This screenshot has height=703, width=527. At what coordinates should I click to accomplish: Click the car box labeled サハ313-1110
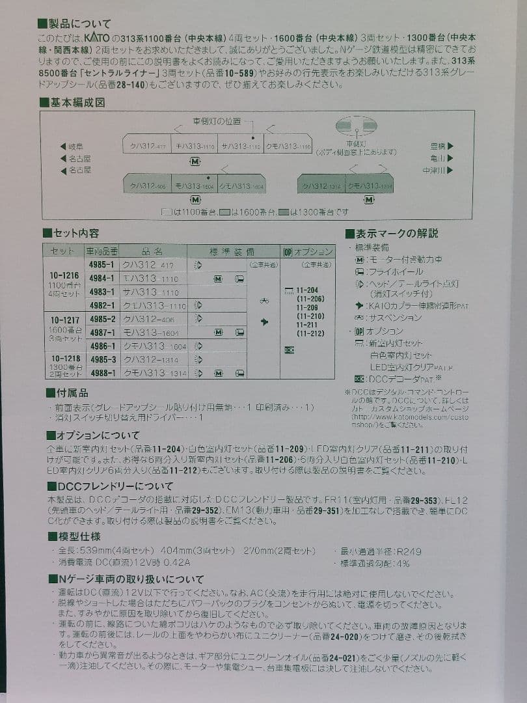click(239, 146)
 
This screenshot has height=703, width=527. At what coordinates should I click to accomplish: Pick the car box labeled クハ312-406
click(147, 186)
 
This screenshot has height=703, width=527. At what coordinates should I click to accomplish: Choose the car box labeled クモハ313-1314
click(370, 186)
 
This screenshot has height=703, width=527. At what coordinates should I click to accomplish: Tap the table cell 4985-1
click(102, 265)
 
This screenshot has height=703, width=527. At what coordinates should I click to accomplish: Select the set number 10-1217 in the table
click(64, 320)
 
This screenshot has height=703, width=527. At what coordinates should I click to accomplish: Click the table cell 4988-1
click(102, 373)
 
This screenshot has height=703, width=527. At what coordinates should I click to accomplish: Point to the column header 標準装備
click(232, 251)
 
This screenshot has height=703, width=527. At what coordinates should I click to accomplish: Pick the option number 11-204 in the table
click(307, 290)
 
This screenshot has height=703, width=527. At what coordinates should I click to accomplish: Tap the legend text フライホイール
click(394, 271)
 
